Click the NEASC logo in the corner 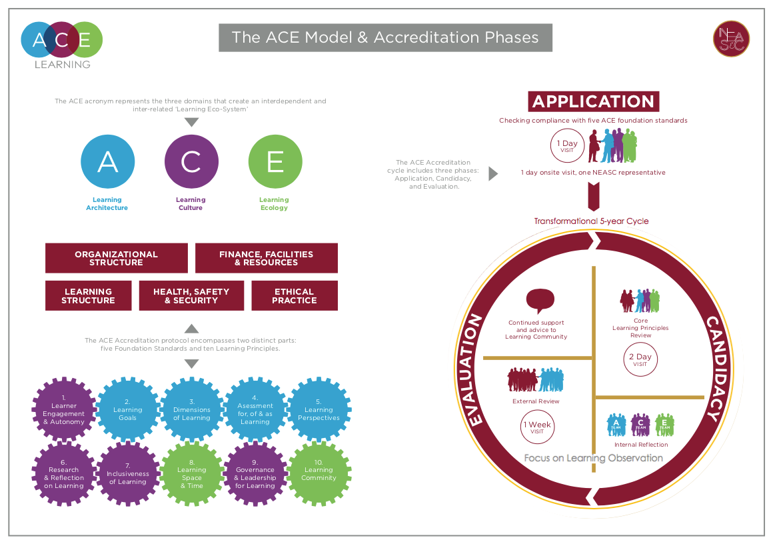point(731,38)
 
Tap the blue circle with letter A point(107,162)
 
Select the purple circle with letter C point(191,162)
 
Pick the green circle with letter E point(275,162)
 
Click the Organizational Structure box point(117,258)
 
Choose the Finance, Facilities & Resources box point(266,258)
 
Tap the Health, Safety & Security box point(191,295)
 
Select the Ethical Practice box point(295,295)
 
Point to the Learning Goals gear point(127,410)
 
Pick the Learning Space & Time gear point(191,474)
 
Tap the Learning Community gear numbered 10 point(319,474)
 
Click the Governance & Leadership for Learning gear point(255,474)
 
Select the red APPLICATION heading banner point(594,101)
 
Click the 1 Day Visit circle point(567,146)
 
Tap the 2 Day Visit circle point(640,360)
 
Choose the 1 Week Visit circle point(537,427)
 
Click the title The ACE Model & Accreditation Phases point(385,37)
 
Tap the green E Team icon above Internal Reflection point(664,425)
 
